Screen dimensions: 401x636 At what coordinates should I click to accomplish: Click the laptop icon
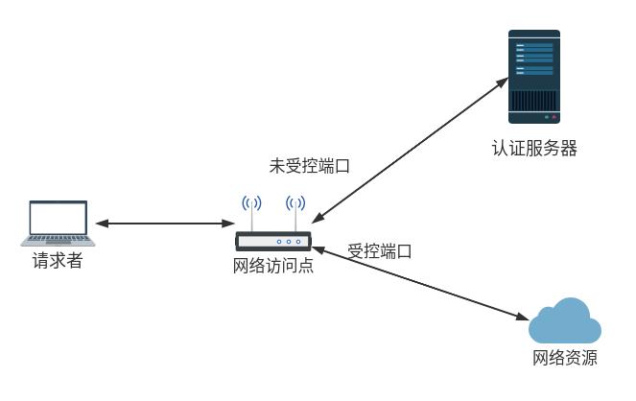coord(58,223)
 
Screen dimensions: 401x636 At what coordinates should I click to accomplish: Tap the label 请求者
coord(58,260)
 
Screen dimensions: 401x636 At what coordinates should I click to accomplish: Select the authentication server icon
coord(533,76)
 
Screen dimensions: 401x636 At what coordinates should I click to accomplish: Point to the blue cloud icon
coord(565,321)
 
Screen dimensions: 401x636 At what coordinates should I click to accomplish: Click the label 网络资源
coord(565,360)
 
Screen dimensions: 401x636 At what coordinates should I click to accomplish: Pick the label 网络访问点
coord(273,266)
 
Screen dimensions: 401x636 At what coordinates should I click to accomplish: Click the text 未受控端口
coord(309,165)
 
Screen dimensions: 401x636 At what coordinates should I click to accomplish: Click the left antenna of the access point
coord(251,213)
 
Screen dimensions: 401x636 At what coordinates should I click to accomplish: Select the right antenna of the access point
coord(295,213)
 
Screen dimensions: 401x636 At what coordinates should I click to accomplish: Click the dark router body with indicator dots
coord(274,242)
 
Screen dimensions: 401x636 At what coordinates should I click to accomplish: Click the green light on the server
coord(546,116)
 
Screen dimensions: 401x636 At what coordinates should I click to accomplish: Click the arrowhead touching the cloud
coord(524,316)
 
